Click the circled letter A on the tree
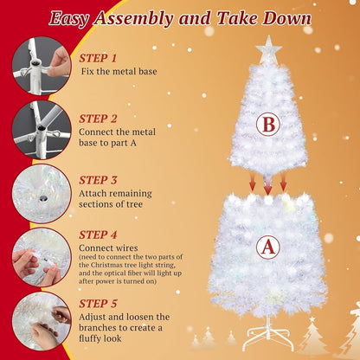tap(268, 248)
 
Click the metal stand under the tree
tap(267, 331)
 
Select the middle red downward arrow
tap(267, 185)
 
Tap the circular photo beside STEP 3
tap(41, 190)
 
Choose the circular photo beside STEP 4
tap(41, 255)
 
